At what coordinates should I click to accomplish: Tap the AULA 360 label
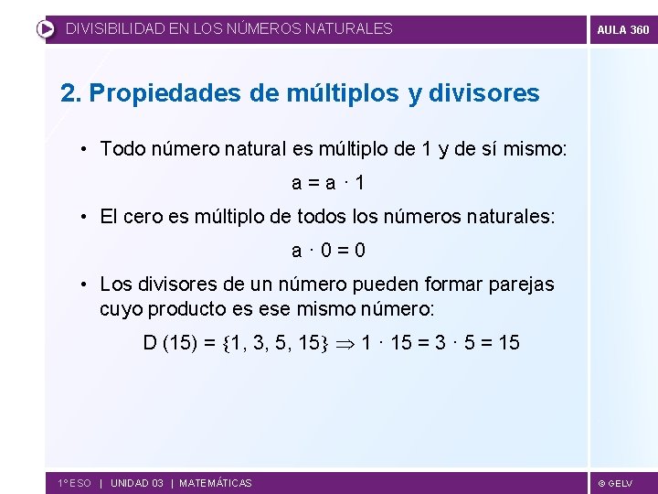point(623,29)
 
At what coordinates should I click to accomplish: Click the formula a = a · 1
point(329,182)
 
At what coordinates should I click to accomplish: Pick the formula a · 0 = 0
point(329,250)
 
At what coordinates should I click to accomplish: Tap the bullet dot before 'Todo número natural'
point(83,148)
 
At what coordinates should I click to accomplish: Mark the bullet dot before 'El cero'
point(83,218)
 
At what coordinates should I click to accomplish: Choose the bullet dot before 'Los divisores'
point(83,285)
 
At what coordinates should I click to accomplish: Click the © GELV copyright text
point(615,483)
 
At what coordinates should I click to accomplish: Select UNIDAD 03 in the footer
point(137,483)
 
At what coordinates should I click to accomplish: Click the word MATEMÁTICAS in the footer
point(216,483)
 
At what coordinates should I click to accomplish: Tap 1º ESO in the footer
point(74,483)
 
